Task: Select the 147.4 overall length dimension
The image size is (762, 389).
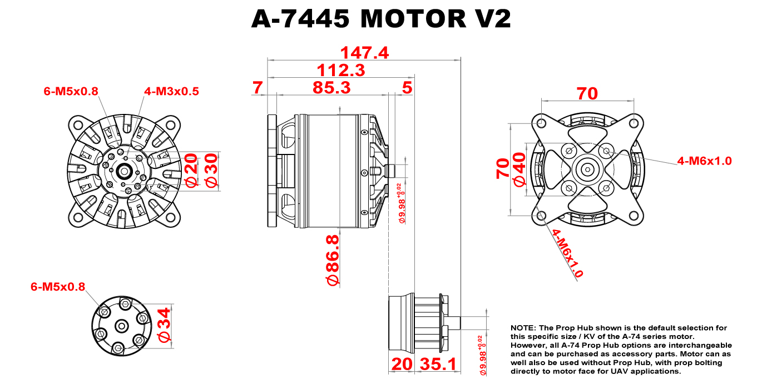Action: [x=364, y=53]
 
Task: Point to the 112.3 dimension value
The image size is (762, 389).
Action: [x=340, y=70]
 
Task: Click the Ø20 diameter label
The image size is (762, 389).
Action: [x=191, y=171]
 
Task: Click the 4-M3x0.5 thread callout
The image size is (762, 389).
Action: [x=171, y=91]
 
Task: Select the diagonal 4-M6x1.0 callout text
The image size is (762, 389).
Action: [x=567, y=253]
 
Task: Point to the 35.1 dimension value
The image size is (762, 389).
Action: [x=438, y=365]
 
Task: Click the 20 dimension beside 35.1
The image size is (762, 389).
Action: [x=402, y=365]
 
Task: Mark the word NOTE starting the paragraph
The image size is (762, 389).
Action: [x=522, y=328]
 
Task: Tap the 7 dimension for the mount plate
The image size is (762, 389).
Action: [x=257, y=87]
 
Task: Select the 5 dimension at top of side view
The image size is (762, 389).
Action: [x=407, y=87]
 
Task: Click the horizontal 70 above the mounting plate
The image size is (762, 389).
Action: [x=587, y=93]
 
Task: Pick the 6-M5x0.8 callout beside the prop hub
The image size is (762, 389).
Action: [x=58, y=287]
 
